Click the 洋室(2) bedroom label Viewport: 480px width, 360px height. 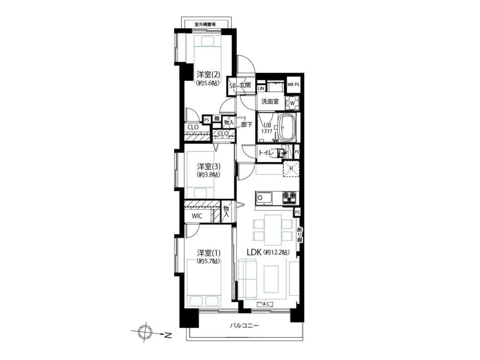point(208,75)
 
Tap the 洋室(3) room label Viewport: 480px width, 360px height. point(208,166)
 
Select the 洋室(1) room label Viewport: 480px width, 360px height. point(208,253)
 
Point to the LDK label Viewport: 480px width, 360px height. point(254,252)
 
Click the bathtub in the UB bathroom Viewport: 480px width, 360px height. point(287,127)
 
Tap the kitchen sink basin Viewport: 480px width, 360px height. point(264,199)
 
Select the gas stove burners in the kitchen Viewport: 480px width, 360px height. point(289,198)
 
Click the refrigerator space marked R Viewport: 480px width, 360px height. point(291,169)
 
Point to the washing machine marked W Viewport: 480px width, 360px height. point(292,103)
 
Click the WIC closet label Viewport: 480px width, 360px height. point(197,216)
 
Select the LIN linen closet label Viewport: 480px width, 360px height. point(261,88)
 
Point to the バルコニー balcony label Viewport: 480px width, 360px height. point(244,332)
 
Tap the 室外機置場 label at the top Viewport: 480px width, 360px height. point(205,24)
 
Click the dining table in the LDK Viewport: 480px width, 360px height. point(273,230)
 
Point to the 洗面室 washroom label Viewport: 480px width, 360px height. point(270,101)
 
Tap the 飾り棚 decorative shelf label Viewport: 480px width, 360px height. point(299,235)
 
